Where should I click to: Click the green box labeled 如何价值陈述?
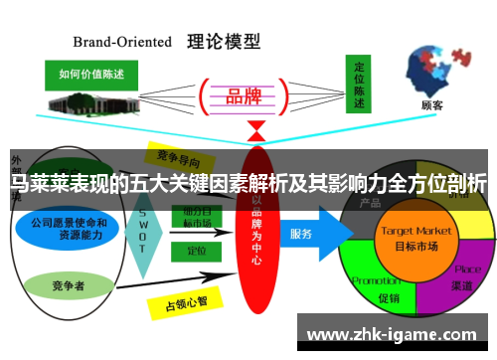pos(91,75)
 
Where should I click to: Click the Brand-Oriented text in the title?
pos(122,43)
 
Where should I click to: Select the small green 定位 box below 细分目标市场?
pos(195,252)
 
